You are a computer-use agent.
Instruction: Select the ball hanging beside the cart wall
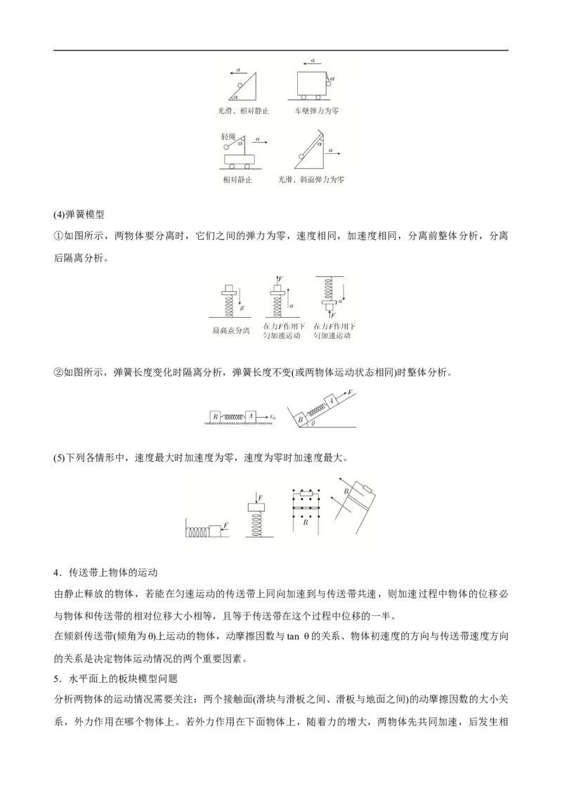click(328, 84)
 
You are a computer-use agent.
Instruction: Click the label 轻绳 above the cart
click(228, 136)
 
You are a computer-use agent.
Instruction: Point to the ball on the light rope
click(226, 148)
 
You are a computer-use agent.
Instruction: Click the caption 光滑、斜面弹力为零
click(311, 180)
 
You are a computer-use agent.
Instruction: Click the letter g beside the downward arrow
click(242, 307)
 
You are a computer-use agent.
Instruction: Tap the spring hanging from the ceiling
click(327, 288)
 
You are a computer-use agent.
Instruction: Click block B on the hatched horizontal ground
click(216, 416)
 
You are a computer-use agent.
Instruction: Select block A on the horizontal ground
click(251, 416)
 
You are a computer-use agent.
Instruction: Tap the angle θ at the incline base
click(313, 424)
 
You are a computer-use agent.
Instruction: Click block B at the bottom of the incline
click(300, 419)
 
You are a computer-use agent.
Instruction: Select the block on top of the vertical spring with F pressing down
click(259, 508)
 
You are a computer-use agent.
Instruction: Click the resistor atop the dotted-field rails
click(306, 496)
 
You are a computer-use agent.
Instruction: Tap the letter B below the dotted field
click(305, 522)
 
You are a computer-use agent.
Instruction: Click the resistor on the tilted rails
click(365, 487)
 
